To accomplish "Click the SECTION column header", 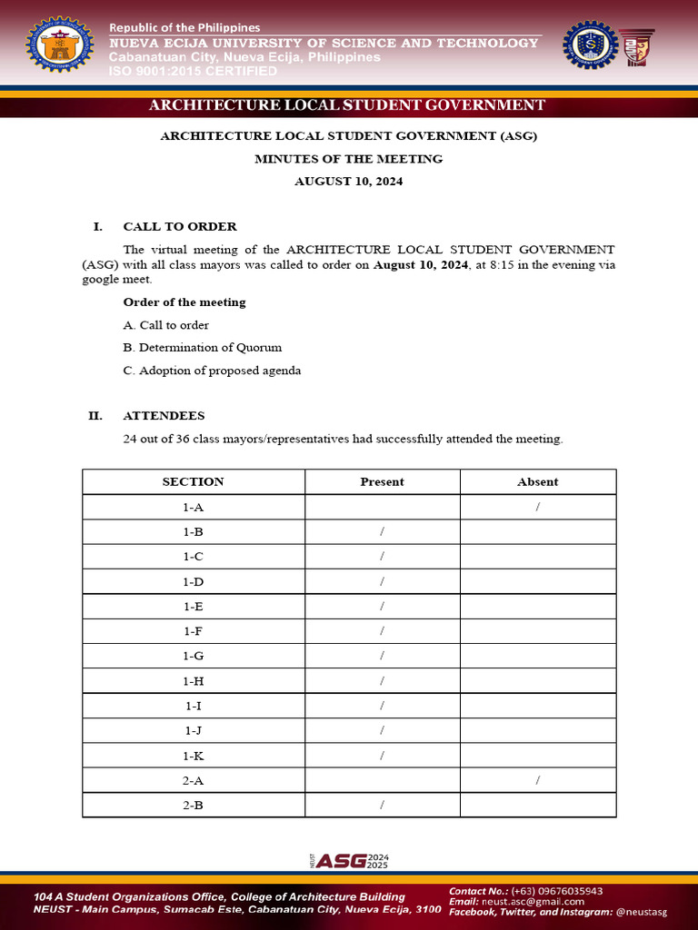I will (x=193, y=482).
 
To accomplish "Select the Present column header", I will (x=382, y=482).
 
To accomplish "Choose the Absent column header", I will (x=537, y=482).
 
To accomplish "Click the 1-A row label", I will (x=193, y=507).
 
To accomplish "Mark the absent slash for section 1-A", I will (x=538, y=507).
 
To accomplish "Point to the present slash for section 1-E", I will (x=383, y=606).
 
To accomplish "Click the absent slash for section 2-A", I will (x=538, y=780).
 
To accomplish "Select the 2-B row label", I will (x=193, y=805).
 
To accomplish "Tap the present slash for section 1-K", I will (x=383, y=755).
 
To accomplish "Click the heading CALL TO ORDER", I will (x=180, y=226).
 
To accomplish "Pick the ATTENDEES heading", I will (x=164, y=416).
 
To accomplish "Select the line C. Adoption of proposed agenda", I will (x=212, y=371).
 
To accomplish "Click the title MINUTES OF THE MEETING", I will (x=348, y=159).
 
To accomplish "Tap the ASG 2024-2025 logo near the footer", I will (x=349, y=860).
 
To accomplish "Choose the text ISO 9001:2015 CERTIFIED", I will (x=193, y=71).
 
